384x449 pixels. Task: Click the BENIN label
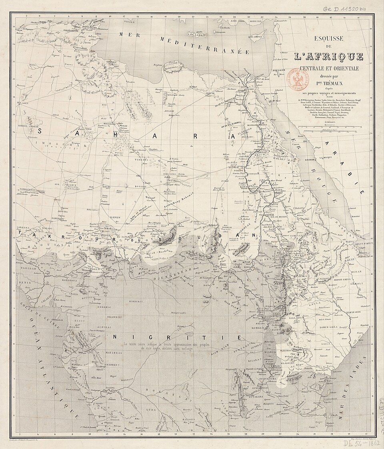(x=24, y=282)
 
